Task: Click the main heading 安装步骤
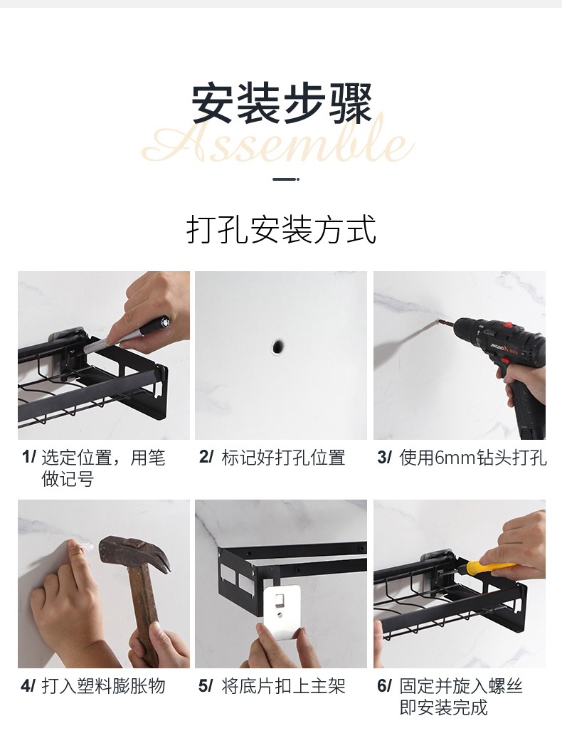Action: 282,103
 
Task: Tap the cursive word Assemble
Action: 278,141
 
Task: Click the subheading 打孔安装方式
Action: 281,229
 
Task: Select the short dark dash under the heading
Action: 286,179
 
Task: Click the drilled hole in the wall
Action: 278,347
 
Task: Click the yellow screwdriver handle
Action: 489,567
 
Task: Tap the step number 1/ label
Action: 28,458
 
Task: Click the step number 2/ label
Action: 206,458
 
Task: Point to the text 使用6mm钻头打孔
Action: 473,458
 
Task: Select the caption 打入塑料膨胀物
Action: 103,686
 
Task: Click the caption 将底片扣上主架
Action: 283,686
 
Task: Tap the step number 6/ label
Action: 384,685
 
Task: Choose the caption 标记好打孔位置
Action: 283,458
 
